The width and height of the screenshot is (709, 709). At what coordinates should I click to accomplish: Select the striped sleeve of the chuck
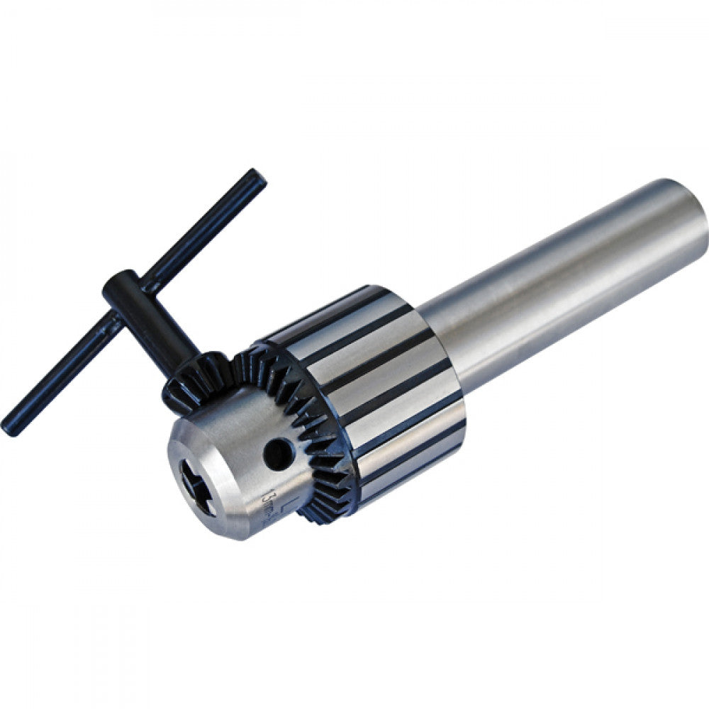[x=383, y=383]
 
